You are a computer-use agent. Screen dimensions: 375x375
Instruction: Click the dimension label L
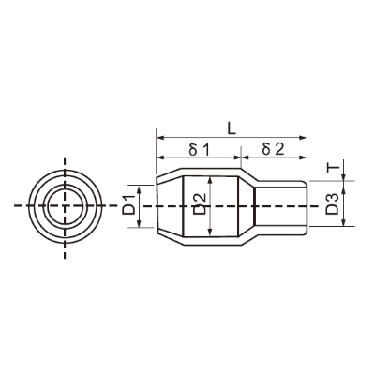click(232, 127)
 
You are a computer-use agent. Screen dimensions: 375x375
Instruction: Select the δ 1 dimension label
click(199, 150)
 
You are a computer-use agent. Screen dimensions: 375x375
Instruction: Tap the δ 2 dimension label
click(274, 149)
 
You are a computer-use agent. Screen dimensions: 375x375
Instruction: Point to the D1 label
click(129, 204)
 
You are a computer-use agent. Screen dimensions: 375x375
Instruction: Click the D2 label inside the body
click(200, 203)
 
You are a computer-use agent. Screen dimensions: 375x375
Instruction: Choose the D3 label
click(332, 203)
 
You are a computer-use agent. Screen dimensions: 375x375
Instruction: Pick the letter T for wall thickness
click(333, 168)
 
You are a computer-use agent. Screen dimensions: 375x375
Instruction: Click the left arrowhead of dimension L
click(159, 137)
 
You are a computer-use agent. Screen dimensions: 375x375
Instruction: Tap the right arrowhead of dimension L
click(303, 137)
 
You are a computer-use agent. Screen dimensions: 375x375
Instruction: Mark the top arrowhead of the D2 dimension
click(211, 180)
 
